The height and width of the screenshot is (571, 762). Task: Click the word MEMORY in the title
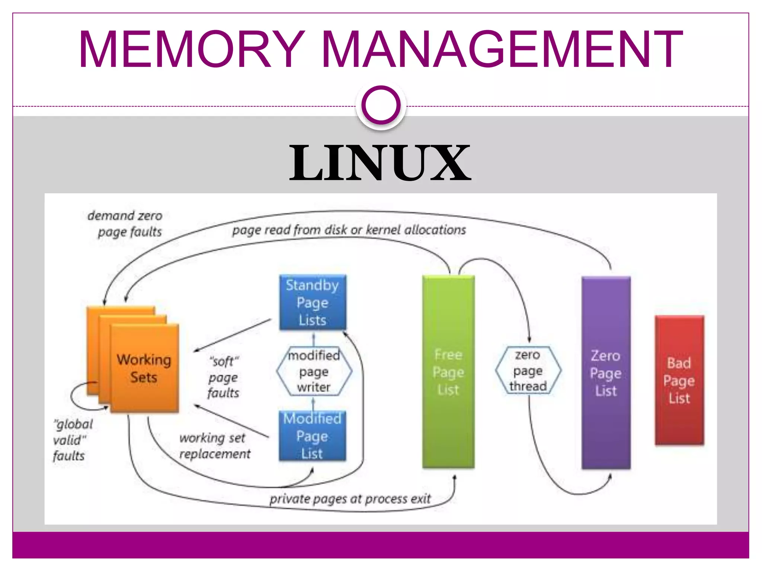pos(192,49)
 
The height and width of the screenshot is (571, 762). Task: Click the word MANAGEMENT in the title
pos(502,49)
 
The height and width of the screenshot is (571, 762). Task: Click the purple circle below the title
pos(381,106)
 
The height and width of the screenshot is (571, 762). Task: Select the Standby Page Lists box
pos(313,302)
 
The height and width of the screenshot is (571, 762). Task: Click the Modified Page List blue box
pos(313,436)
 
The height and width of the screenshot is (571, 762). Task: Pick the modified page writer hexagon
pos(314,371)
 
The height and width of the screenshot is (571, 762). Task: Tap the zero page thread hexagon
pos(528,371)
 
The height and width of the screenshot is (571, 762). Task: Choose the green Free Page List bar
pos(448,372)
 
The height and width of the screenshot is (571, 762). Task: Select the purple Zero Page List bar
pos(606,373)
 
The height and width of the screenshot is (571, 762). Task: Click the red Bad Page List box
pos(679,380)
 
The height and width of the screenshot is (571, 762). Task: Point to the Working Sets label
pos(144,368)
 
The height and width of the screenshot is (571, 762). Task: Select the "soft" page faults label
pos(223,377)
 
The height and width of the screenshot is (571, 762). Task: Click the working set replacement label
pos(215,446)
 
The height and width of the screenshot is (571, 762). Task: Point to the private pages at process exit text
pos(350,499)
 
